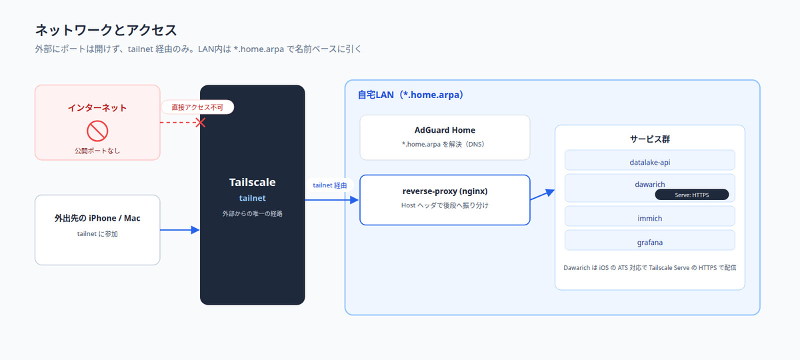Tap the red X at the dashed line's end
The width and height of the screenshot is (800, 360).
click(201, 123)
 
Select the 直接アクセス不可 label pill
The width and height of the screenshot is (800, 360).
click(197, 107)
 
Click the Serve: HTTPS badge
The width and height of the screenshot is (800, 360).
click(692, 195)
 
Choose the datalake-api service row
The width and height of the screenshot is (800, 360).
click(649, 161)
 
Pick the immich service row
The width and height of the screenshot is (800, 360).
click(649, 217)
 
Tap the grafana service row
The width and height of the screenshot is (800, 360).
click(649, 241)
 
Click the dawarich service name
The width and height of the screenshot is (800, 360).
click(649, 184)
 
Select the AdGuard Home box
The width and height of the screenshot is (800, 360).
click(445, 137)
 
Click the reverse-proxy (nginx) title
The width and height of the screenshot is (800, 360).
click(445, 191)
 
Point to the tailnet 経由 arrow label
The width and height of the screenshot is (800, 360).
click(329, 185)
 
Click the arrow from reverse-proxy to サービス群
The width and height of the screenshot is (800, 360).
click(542, 195)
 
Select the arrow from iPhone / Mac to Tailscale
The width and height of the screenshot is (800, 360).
click(179, 230)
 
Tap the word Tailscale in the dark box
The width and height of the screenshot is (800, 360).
click(252, 182)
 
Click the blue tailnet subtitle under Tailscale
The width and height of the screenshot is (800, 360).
click(252, 198)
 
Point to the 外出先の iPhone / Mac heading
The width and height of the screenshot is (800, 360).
click(97, 218)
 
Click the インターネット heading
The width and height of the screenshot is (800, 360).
click(97, 108)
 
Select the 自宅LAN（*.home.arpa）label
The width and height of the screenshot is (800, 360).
click(411, 95)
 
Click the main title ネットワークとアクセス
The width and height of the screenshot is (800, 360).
click(106, 30)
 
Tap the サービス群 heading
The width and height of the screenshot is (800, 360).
click(649, 139)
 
